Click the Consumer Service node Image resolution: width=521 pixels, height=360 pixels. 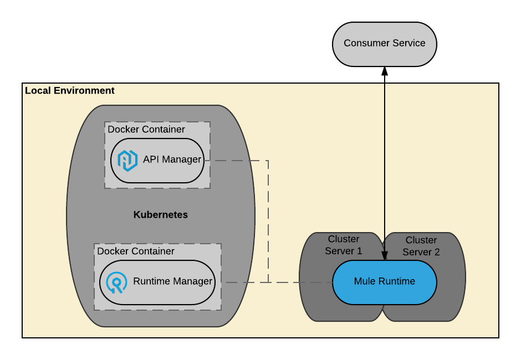(x=385, y=44)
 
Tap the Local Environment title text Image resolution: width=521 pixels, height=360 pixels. (x=69, y=91)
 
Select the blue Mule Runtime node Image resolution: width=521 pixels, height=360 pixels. (x=385, y=282)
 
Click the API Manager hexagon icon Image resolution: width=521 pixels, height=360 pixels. (x=127, y=161)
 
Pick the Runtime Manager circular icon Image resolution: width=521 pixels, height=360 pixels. (x=116, y=282)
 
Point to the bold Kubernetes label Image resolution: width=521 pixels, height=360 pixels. (x=161, y=215)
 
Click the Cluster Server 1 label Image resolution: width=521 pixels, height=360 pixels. (x=344, y=245)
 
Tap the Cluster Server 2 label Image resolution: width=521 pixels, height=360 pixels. (x=421, y=246)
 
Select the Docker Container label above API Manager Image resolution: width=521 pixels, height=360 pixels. (x=146, y=129)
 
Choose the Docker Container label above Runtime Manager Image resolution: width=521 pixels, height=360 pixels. (x=136, y=251)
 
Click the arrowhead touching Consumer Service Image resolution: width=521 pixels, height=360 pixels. (x=385, y=71)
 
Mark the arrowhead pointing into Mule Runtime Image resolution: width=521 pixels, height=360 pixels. (x=385, y=256)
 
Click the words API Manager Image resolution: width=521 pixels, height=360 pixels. (x=172, y=160)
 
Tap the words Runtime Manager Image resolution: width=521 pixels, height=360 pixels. (x=172, y=281)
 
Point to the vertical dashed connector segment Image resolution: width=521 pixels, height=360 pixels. (x=268, y=222)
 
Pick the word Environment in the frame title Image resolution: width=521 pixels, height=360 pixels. (x=84, y=91)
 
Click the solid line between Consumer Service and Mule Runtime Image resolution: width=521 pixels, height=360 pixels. (x=385, y=163)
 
